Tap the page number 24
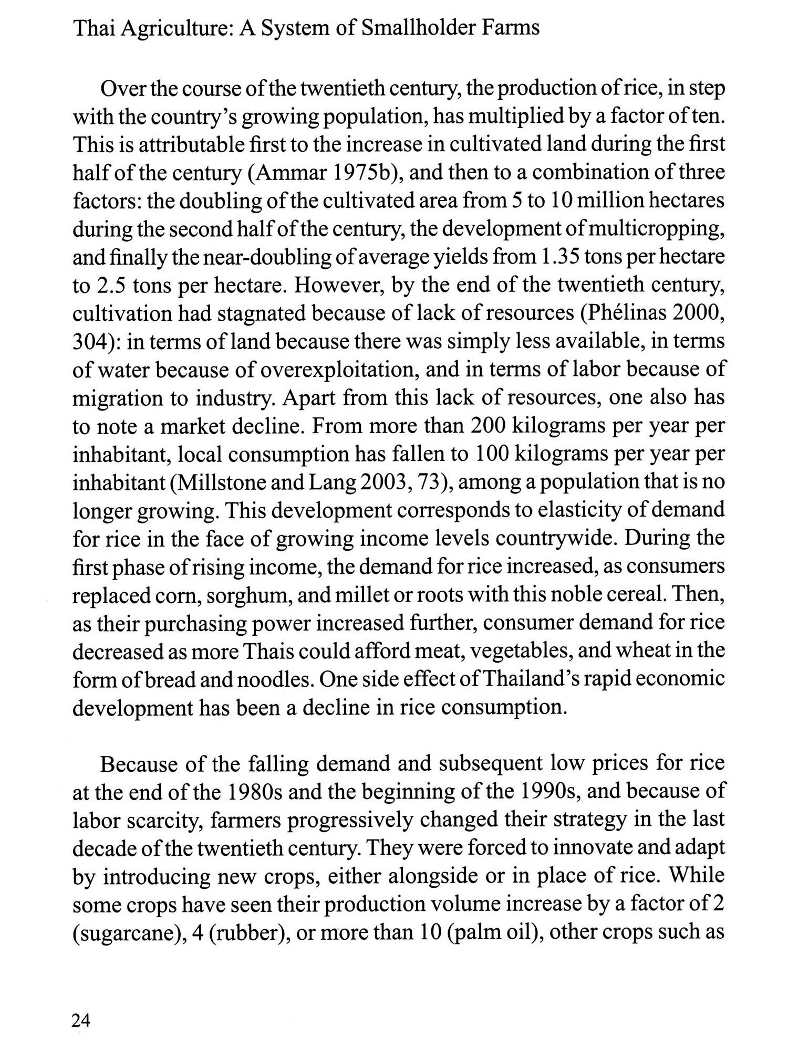click(x=81, y=1021)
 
